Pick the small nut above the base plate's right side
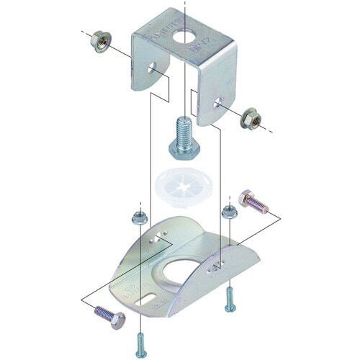(230, 211)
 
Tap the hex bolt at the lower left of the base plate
(107, 316)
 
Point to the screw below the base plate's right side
(229, 298)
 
